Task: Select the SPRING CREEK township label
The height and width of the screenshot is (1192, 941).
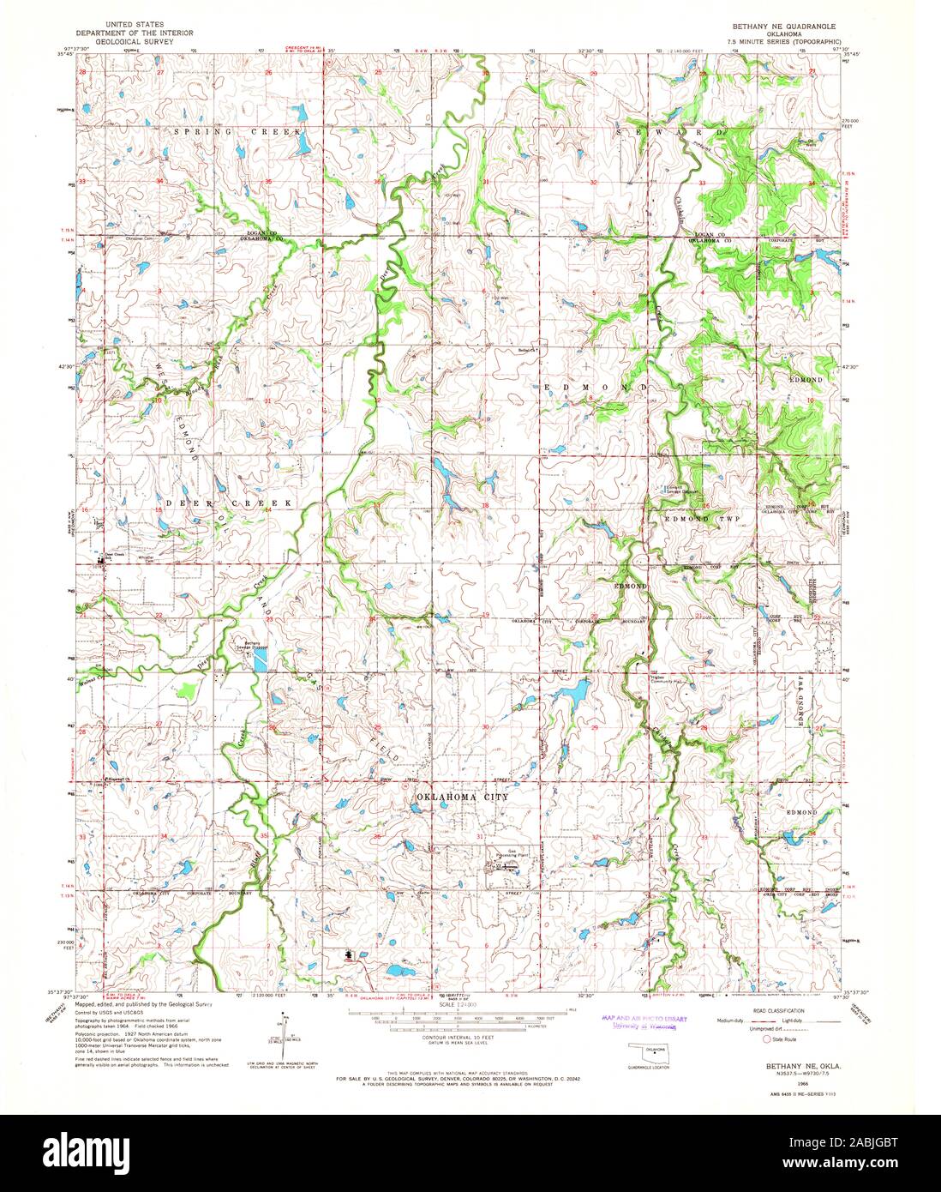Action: click(x=238, y=132)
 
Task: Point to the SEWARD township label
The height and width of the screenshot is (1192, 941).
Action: click(x=671, y=133)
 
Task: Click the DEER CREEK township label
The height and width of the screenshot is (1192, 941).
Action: click(x=229, y=503)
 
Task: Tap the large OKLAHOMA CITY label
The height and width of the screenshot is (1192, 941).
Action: click(x=463, y=797)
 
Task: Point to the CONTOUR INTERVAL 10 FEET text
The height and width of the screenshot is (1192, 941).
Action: click(x=436, y=1038)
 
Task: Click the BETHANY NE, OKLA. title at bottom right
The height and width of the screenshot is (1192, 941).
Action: click(x=786, y=1064)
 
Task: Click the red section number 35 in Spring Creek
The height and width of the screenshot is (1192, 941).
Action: click(x=268, y=182)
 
